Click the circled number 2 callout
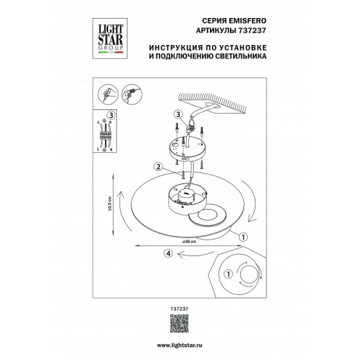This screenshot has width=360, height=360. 158,167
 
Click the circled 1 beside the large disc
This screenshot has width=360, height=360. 243,236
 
